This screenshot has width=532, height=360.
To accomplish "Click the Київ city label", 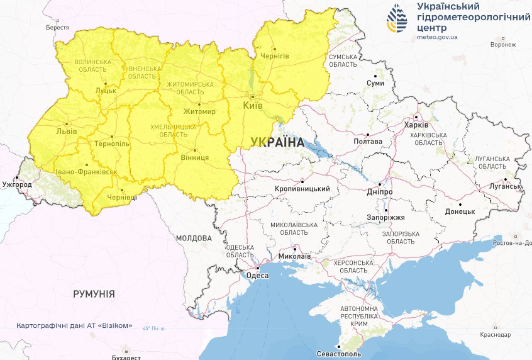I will point(253,105).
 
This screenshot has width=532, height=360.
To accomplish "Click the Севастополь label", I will point(340,354).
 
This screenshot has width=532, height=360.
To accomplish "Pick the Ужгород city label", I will point(16,185).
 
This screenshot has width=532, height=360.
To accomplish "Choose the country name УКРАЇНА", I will point(276,142).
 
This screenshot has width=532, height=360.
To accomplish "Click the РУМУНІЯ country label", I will point(94,294).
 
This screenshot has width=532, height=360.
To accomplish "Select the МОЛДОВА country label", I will point(194,239).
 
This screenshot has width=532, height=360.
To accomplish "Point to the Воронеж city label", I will point(503,45).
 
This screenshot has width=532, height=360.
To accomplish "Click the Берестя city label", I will point(57,28).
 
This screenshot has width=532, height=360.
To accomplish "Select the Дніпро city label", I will point(379,191).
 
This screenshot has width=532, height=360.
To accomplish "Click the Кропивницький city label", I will point(302,189).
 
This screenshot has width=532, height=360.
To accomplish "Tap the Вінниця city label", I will point(194,157).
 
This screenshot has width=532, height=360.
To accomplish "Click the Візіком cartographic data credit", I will point(75,325).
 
